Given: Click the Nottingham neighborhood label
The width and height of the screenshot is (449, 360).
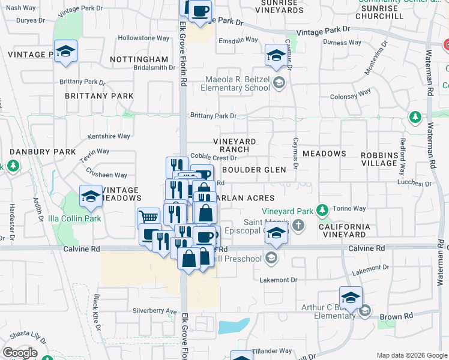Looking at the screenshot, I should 139,59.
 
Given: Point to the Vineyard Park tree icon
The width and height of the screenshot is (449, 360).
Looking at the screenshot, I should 323,210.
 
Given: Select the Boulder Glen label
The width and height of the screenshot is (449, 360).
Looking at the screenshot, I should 254,170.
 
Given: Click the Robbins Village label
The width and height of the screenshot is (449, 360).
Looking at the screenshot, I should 379,158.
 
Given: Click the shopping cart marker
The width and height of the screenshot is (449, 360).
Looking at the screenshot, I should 149,218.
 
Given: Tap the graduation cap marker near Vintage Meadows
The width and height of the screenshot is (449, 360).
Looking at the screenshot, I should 91,196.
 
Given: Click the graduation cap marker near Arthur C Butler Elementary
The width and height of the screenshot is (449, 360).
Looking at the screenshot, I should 351,296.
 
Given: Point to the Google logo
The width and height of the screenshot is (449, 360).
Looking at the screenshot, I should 20,352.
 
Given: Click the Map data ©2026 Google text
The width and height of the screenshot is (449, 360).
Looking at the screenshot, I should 412,355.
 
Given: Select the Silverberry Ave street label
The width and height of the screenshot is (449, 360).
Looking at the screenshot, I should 155,311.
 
